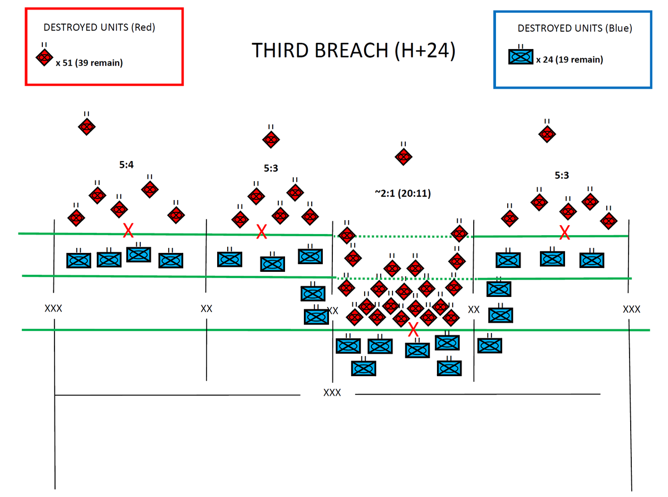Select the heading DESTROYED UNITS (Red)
coord(99,28)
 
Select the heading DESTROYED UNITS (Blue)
coord(575,28)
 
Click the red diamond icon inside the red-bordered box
coord(45,57)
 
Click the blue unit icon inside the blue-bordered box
coord(521,57)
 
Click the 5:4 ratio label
coord(126,165)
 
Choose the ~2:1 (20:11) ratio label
coord(402,193)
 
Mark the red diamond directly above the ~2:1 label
coord(403,157)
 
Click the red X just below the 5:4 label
coord(128,230)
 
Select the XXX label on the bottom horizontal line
coord(332,393)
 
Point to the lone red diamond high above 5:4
coord(86,126)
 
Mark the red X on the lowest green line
coord(413,329)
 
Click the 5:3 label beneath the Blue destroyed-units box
coord(562,176)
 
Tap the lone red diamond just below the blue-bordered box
coord(547,133)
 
